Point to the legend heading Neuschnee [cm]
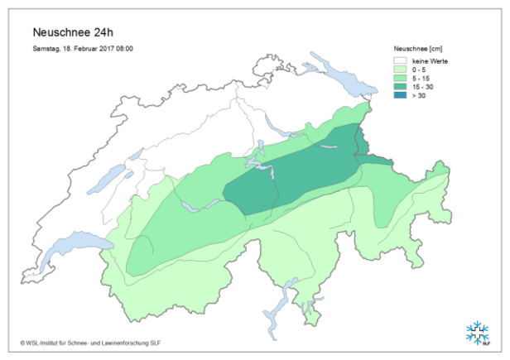423,50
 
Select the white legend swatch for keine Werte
402,60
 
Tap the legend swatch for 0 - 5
402,70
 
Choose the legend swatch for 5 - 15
402,79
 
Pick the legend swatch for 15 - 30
402,88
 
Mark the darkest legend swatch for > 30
402,97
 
